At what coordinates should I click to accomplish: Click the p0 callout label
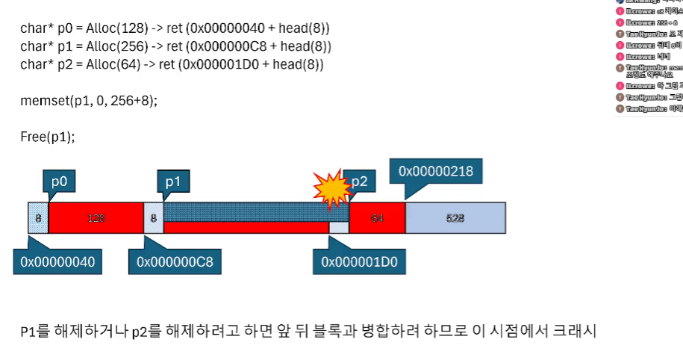[58, 181]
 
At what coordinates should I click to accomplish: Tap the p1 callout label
[172, 181]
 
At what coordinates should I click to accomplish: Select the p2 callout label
[359, 181]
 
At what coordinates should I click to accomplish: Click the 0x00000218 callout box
[436, 171]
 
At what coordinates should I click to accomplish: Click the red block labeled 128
[96, 218]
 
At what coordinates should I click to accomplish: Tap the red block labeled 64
[377, 218]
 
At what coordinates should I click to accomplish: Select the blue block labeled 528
[455, 218]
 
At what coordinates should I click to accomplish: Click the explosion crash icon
[331, 189]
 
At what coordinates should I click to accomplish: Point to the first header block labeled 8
[38, 218]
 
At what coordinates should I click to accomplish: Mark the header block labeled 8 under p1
[153, 218]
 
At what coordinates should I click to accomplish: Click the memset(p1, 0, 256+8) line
[89, 102]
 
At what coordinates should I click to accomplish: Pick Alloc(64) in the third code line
[105, 65]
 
